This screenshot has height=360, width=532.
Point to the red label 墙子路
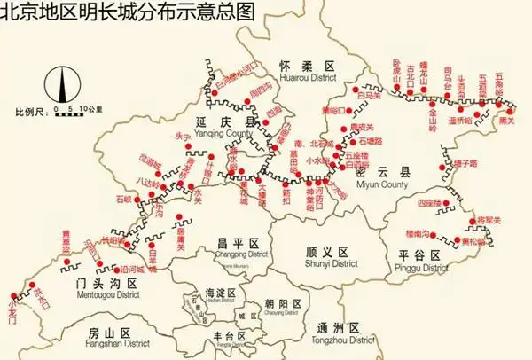[465, 163]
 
